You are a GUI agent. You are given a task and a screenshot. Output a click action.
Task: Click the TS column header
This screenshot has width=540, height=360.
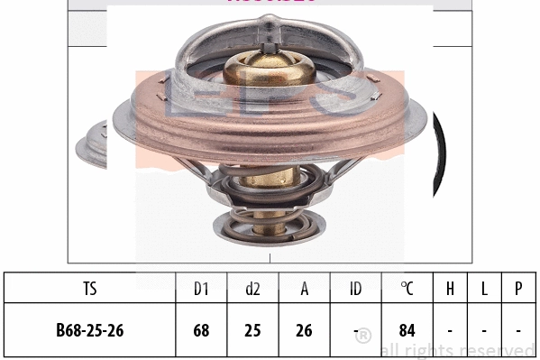tap(88, 289)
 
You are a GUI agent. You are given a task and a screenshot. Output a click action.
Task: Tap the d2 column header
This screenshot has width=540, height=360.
tap(252, 289)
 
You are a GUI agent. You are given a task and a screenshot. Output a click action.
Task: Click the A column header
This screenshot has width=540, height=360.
tap(305, 289)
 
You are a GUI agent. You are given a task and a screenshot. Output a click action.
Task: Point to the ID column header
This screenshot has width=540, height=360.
tap(356, 289)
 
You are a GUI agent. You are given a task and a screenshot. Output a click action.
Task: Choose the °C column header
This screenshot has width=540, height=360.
tap(407, 289)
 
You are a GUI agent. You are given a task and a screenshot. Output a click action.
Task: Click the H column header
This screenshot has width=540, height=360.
tap(449, 289)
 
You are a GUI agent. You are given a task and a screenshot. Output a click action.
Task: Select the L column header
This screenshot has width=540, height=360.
tap(484, 289)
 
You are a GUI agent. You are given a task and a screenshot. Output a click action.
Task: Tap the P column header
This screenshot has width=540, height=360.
tap(518, 289)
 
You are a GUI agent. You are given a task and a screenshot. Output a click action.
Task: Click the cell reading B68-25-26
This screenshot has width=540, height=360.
tap(88, 330)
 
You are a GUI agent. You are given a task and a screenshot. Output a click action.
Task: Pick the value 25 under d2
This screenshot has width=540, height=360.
tap(252, 330)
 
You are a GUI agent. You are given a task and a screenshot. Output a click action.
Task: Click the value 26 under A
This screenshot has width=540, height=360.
tap(305, 330)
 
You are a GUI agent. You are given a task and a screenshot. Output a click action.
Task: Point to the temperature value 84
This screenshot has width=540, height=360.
tap(407, 330)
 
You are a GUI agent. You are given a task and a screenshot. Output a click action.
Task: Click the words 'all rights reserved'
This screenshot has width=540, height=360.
tap(457, 350)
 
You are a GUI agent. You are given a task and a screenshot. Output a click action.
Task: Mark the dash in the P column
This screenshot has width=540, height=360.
tap(518, 330)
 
